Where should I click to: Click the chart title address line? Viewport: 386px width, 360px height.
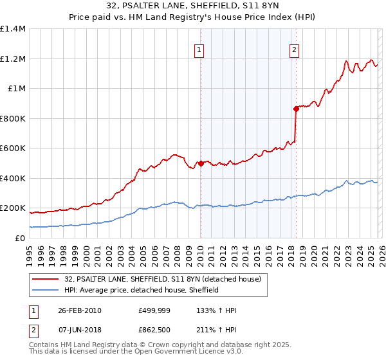193,6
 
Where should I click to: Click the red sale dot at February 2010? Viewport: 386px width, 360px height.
201,163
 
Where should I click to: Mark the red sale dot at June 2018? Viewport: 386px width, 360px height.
296,109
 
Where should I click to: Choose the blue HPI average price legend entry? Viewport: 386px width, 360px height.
142,290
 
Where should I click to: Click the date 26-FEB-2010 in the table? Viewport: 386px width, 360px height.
79,310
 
